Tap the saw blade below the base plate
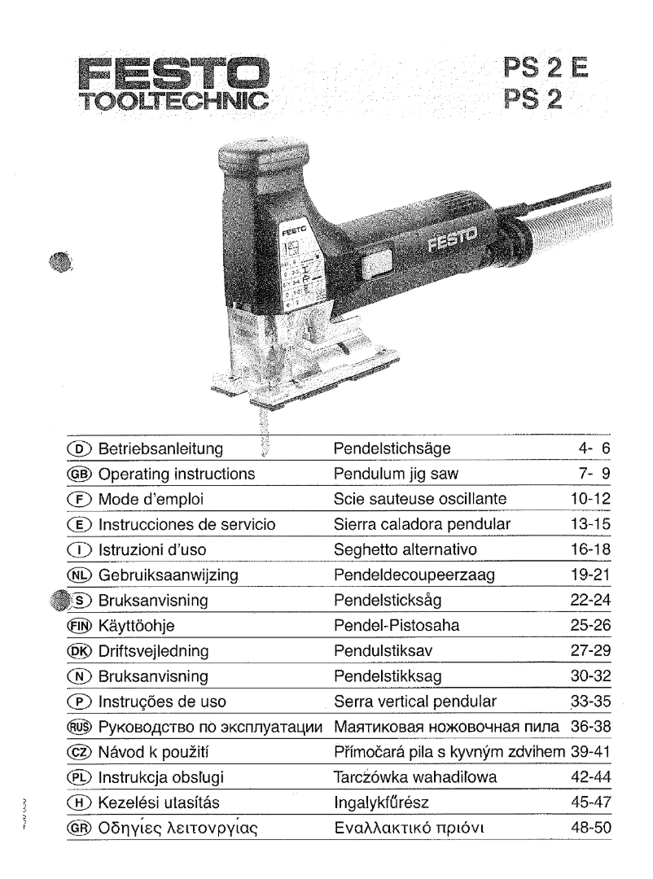pyautogui.click(x=262, y=431)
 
